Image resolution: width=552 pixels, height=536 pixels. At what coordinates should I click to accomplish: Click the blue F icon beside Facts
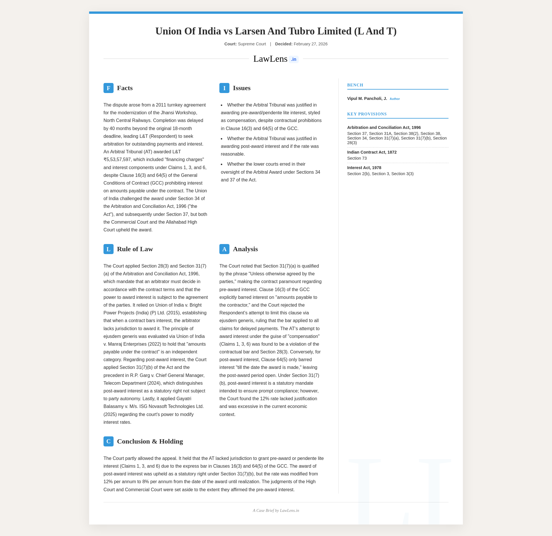tap(108, 88)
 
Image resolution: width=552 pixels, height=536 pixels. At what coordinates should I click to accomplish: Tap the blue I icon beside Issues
tap(224, 88)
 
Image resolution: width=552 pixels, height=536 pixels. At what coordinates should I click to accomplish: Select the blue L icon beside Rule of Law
tap(108, 249)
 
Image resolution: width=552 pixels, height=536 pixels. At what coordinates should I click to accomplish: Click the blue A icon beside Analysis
tap(224, 249)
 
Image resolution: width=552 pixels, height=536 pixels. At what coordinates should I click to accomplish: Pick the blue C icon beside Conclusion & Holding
tap(108, 442)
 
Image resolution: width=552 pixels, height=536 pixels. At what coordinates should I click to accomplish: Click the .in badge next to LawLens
tap(294, 59)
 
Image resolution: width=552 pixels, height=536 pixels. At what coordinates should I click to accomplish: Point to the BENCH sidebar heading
tap(355, 85)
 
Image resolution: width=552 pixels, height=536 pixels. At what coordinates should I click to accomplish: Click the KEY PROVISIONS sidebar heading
tap(367, 114)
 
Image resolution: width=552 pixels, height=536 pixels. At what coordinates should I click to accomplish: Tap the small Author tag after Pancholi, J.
tap(395, 99)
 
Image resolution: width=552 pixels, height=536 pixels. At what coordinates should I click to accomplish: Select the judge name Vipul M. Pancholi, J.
tap(367, 99)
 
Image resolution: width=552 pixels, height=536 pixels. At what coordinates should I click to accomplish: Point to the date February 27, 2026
tap(310, 44)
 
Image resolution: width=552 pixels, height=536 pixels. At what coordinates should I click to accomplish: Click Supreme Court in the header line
tap(252, 44)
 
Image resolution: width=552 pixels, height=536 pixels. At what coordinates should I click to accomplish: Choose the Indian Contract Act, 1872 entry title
tap(372, 152)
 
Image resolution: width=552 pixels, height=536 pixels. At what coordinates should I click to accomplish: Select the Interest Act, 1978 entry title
tap(364, 168)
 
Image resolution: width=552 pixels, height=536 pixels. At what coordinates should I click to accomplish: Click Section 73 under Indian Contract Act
tap(357, 158)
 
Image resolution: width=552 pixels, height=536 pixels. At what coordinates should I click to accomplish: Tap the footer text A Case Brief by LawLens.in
tap(276, 511)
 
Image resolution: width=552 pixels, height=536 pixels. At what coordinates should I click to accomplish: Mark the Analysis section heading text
tap(245, 249)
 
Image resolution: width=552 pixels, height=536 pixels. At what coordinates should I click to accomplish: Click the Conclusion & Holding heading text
tap(150, 442)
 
